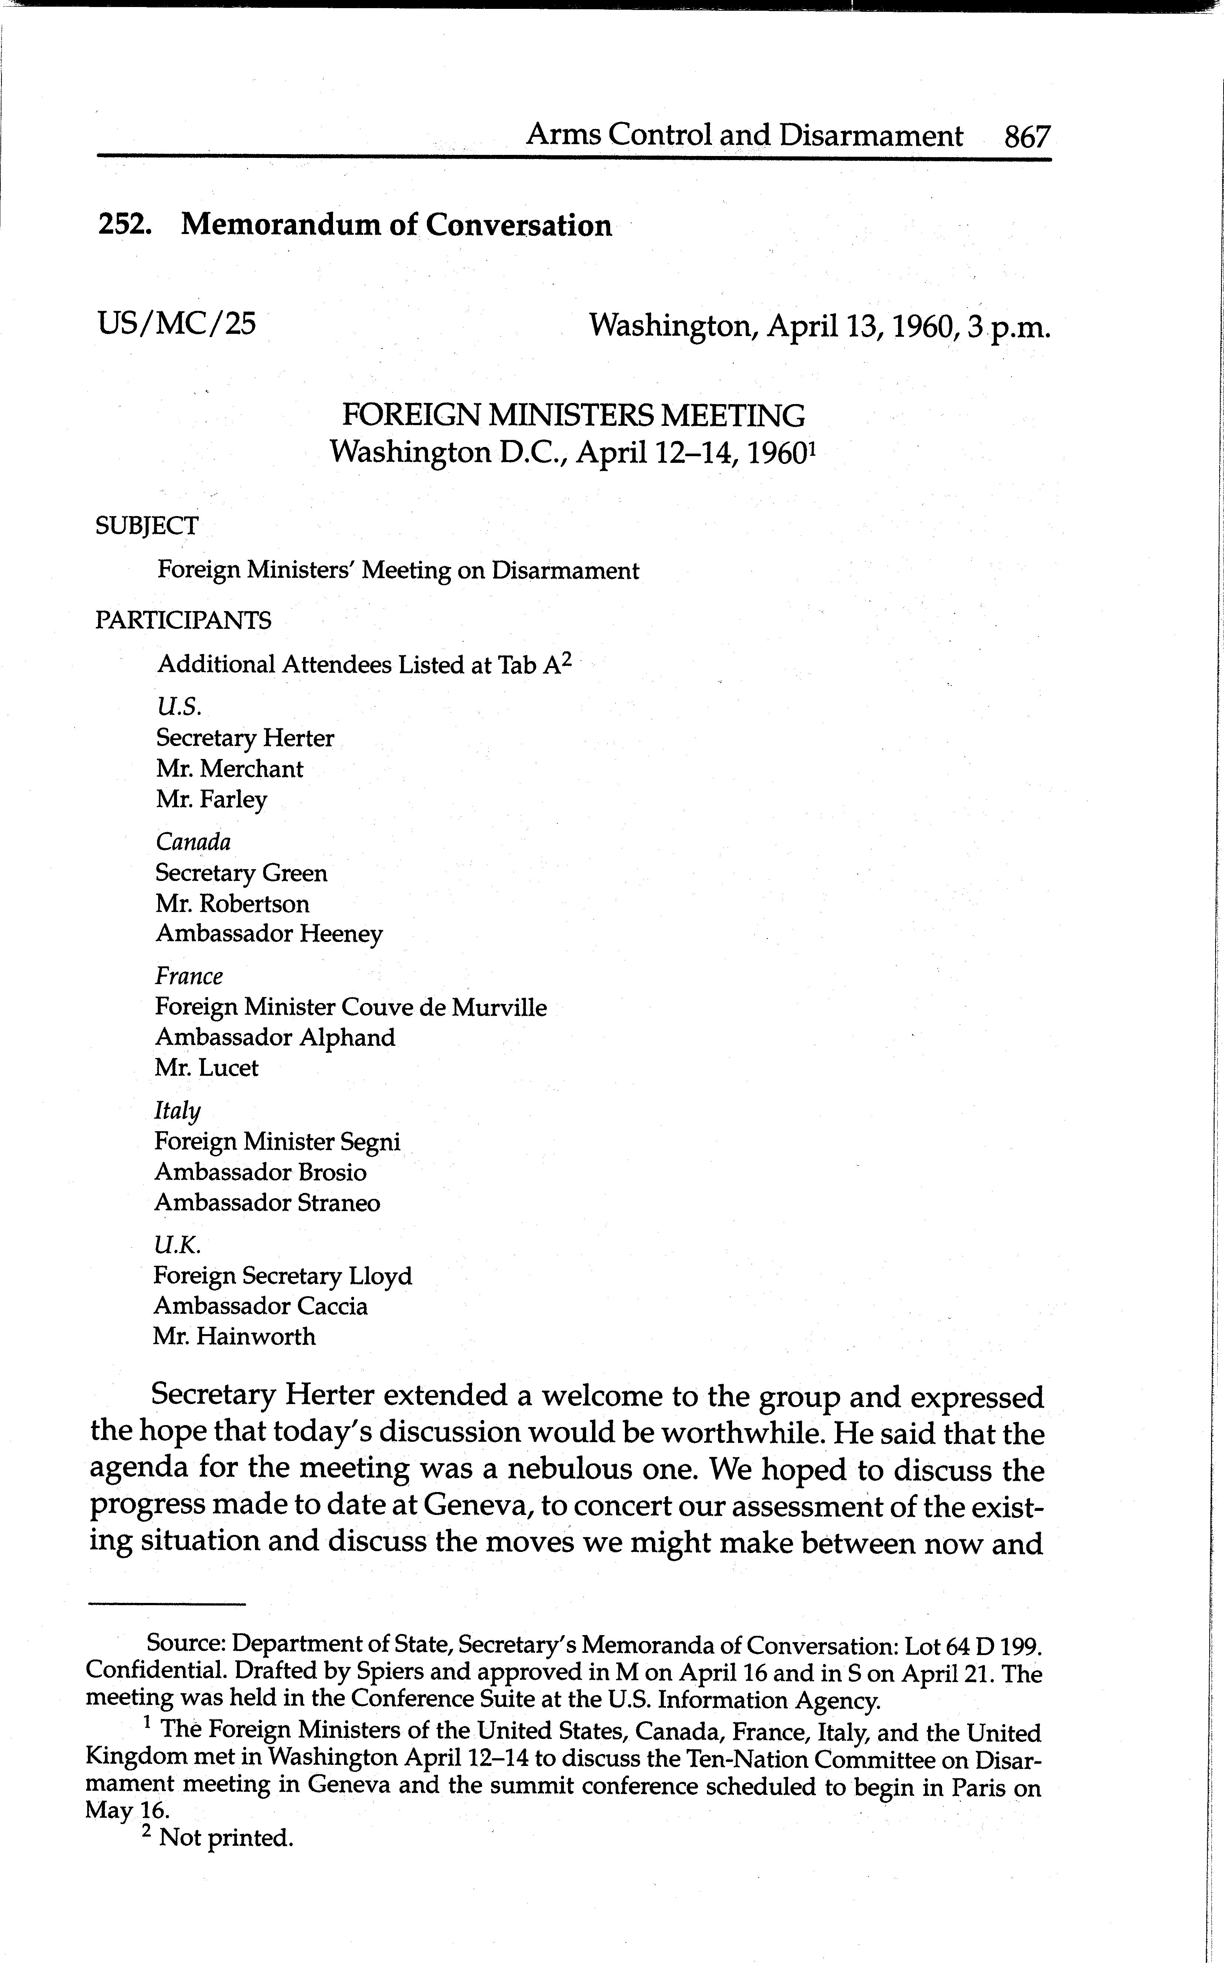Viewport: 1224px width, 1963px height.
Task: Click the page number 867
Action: [1027, 136]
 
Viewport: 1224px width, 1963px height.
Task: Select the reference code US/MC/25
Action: [177, 324]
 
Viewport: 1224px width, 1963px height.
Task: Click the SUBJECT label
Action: [146, 526]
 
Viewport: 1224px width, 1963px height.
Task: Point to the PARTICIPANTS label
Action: [184, 620]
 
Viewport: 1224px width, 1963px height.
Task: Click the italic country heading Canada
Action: [194, 842]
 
